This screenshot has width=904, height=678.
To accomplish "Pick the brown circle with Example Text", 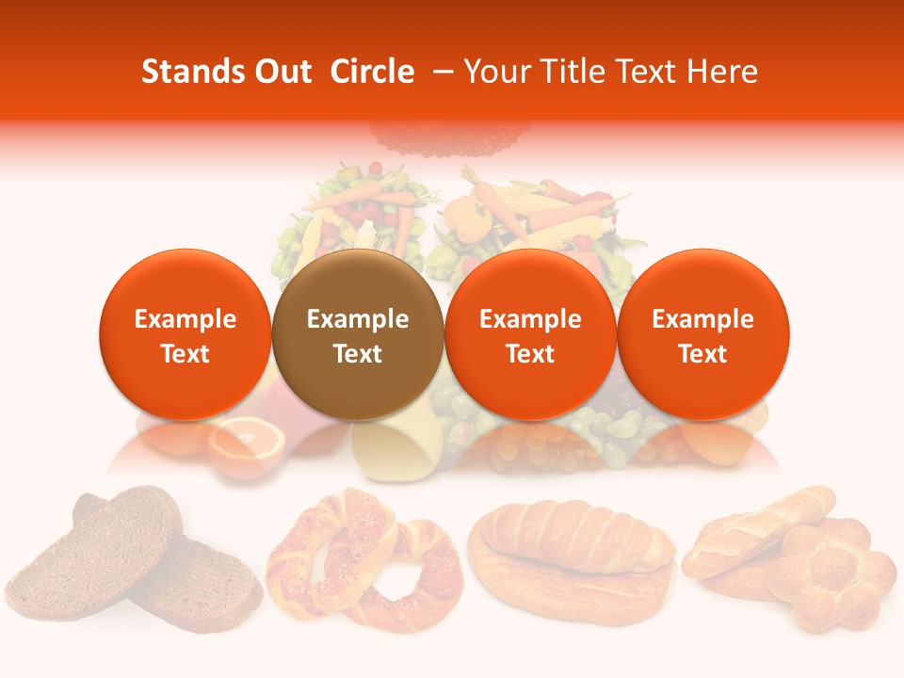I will click(358, 334).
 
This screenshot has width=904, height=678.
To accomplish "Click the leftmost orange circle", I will click(185, 334).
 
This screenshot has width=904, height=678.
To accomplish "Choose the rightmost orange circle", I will click(702, 334).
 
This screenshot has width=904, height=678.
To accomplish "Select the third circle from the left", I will click(530, 334).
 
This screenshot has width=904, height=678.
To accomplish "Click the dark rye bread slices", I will click(132, 546).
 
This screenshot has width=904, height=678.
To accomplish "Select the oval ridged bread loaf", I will click(573, 556).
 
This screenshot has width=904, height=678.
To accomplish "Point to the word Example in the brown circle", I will click(358, 319).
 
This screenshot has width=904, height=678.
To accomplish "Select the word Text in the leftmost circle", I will click(185, 354).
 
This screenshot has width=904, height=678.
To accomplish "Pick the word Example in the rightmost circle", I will click(702, 319).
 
